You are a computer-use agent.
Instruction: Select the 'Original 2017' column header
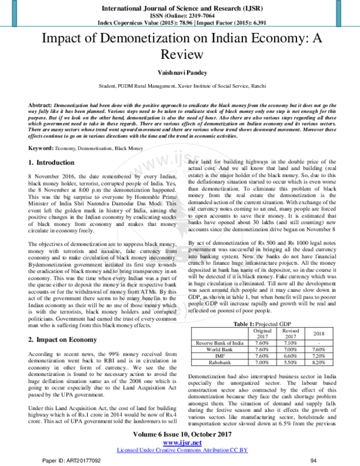(262, 334)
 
